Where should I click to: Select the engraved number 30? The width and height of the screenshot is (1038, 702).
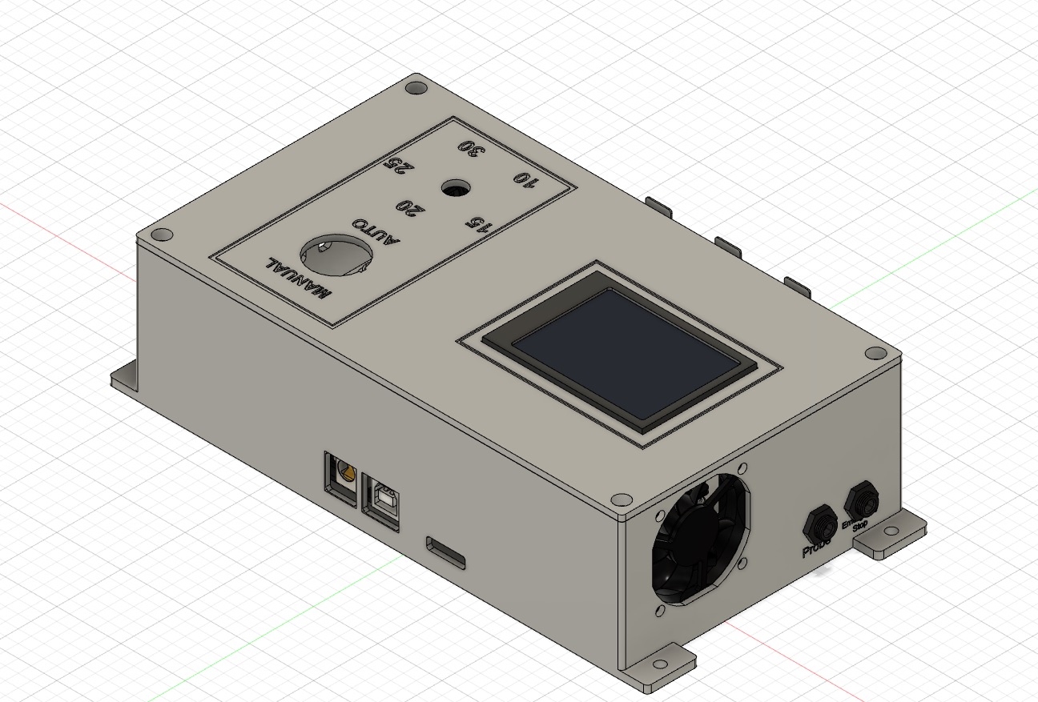point(470,149)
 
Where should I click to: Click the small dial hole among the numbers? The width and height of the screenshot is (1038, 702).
point(456,189)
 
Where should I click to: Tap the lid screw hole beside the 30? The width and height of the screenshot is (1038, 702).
point(415,87)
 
